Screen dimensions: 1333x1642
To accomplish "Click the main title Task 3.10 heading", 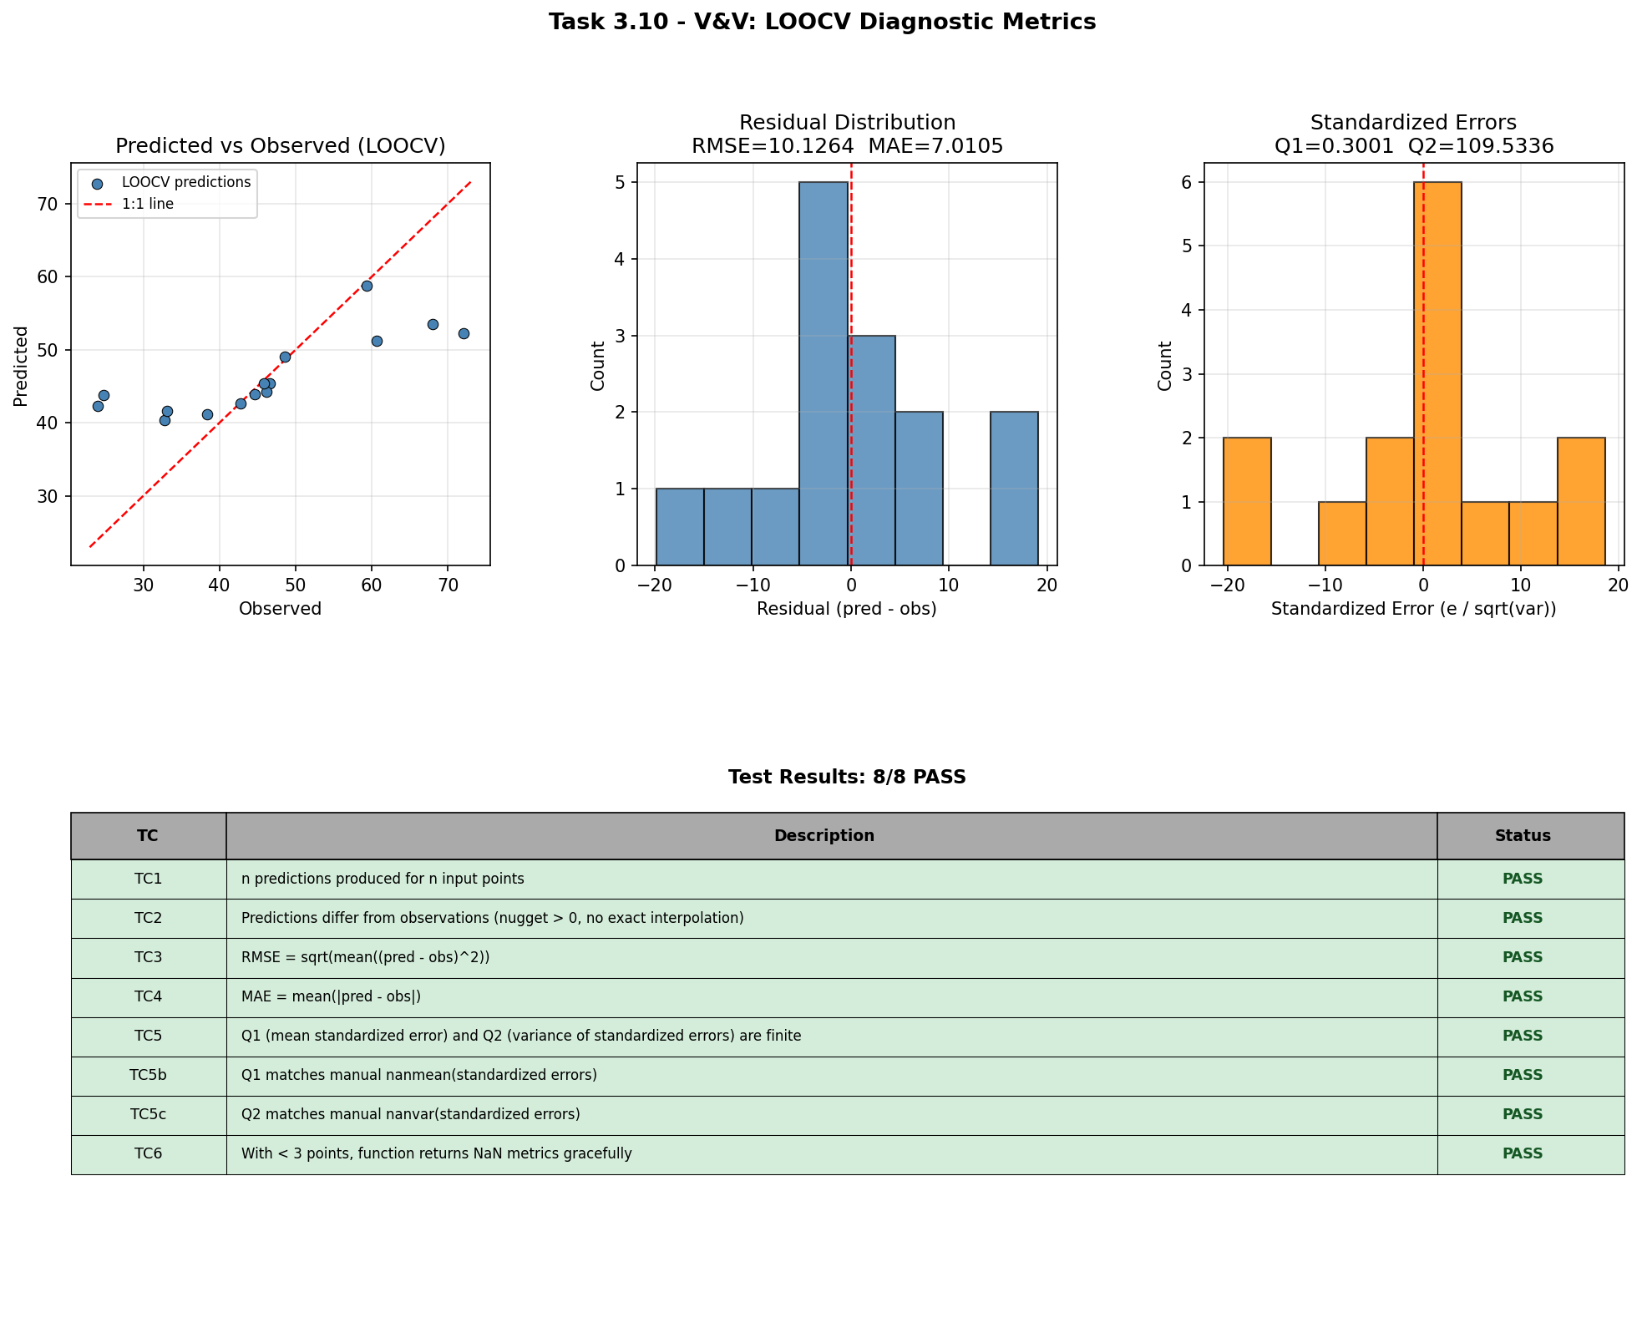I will click(821, 23).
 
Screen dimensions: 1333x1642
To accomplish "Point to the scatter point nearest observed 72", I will click(464, 334).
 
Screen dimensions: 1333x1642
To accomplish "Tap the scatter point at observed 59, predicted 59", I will click(367, 286).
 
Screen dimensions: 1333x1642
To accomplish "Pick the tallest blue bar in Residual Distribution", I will click(824, 373).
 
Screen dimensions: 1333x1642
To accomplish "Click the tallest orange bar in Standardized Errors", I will click(1437, 373).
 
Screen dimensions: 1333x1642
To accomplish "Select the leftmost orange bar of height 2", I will click(1247, 501).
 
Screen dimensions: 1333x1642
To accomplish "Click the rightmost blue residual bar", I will click(1014, 489).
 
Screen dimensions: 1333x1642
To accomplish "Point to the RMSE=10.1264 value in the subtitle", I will click(773, 147).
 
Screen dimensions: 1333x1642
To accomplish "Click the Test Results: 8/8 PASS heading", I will click(847, 778).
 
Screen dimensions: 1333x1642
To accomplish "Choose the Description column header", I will click(824, 836).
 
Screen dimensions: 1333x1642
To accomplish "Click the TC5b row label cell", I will click(149, 1076).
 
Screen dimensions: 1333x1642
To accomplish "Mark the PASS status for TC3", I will click(1522, 958).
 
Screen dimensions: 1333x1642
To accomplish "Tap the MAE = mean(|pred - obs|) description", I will click(331, 997).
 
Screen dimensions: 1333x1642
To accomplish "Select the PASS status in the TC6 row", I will click(1522, 1154).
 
